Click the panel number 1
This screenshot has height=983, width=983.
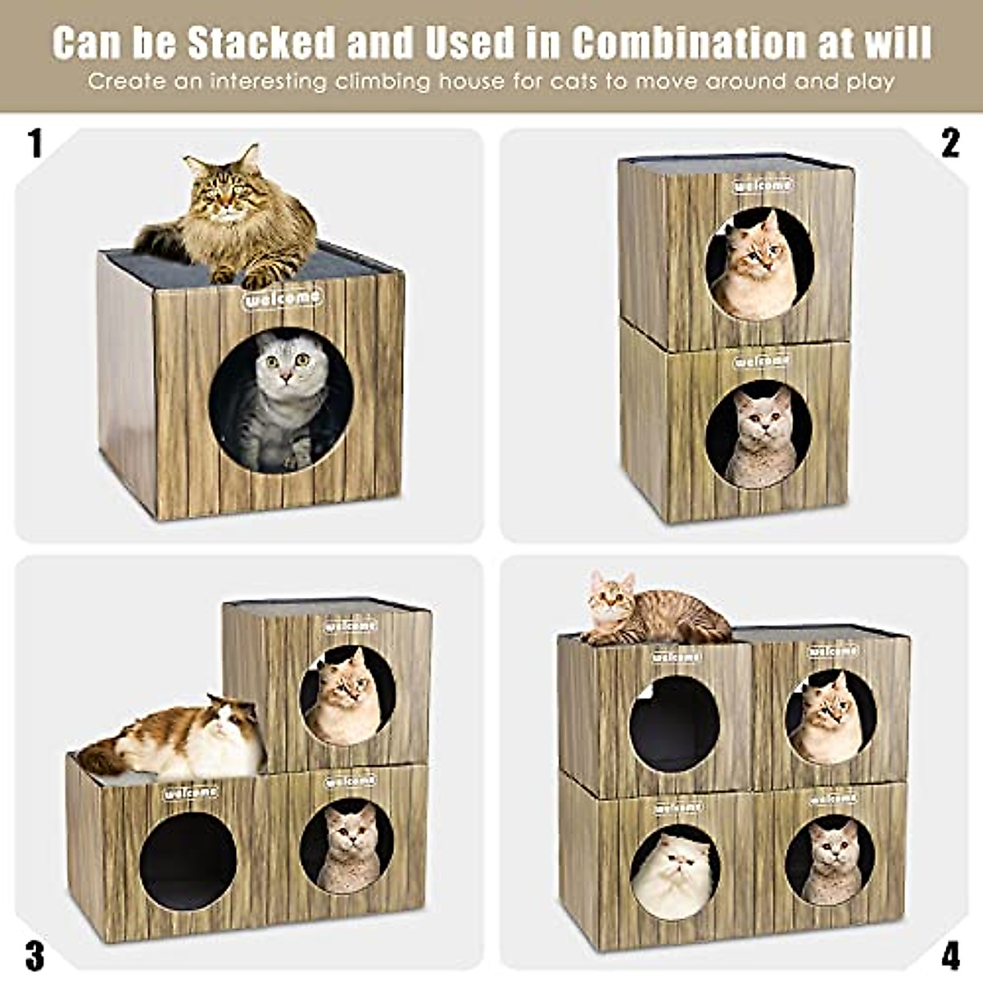coord(34,143)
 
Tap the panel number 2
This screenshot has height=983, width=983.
coord(949,143)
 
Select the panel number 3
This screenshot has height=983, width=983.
coord(34,954)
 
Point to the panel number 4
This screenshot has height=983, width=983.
coord(949,954)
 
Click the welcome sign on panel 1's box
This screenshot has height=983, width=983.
coord(283,298)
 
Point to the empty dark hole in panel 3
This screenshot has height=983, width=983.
coord(188,860)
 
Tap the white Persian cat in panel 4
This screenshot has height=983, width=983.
coord(673,875)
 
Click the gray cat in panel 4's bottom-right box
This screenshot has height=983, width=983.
coord(831,860)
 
